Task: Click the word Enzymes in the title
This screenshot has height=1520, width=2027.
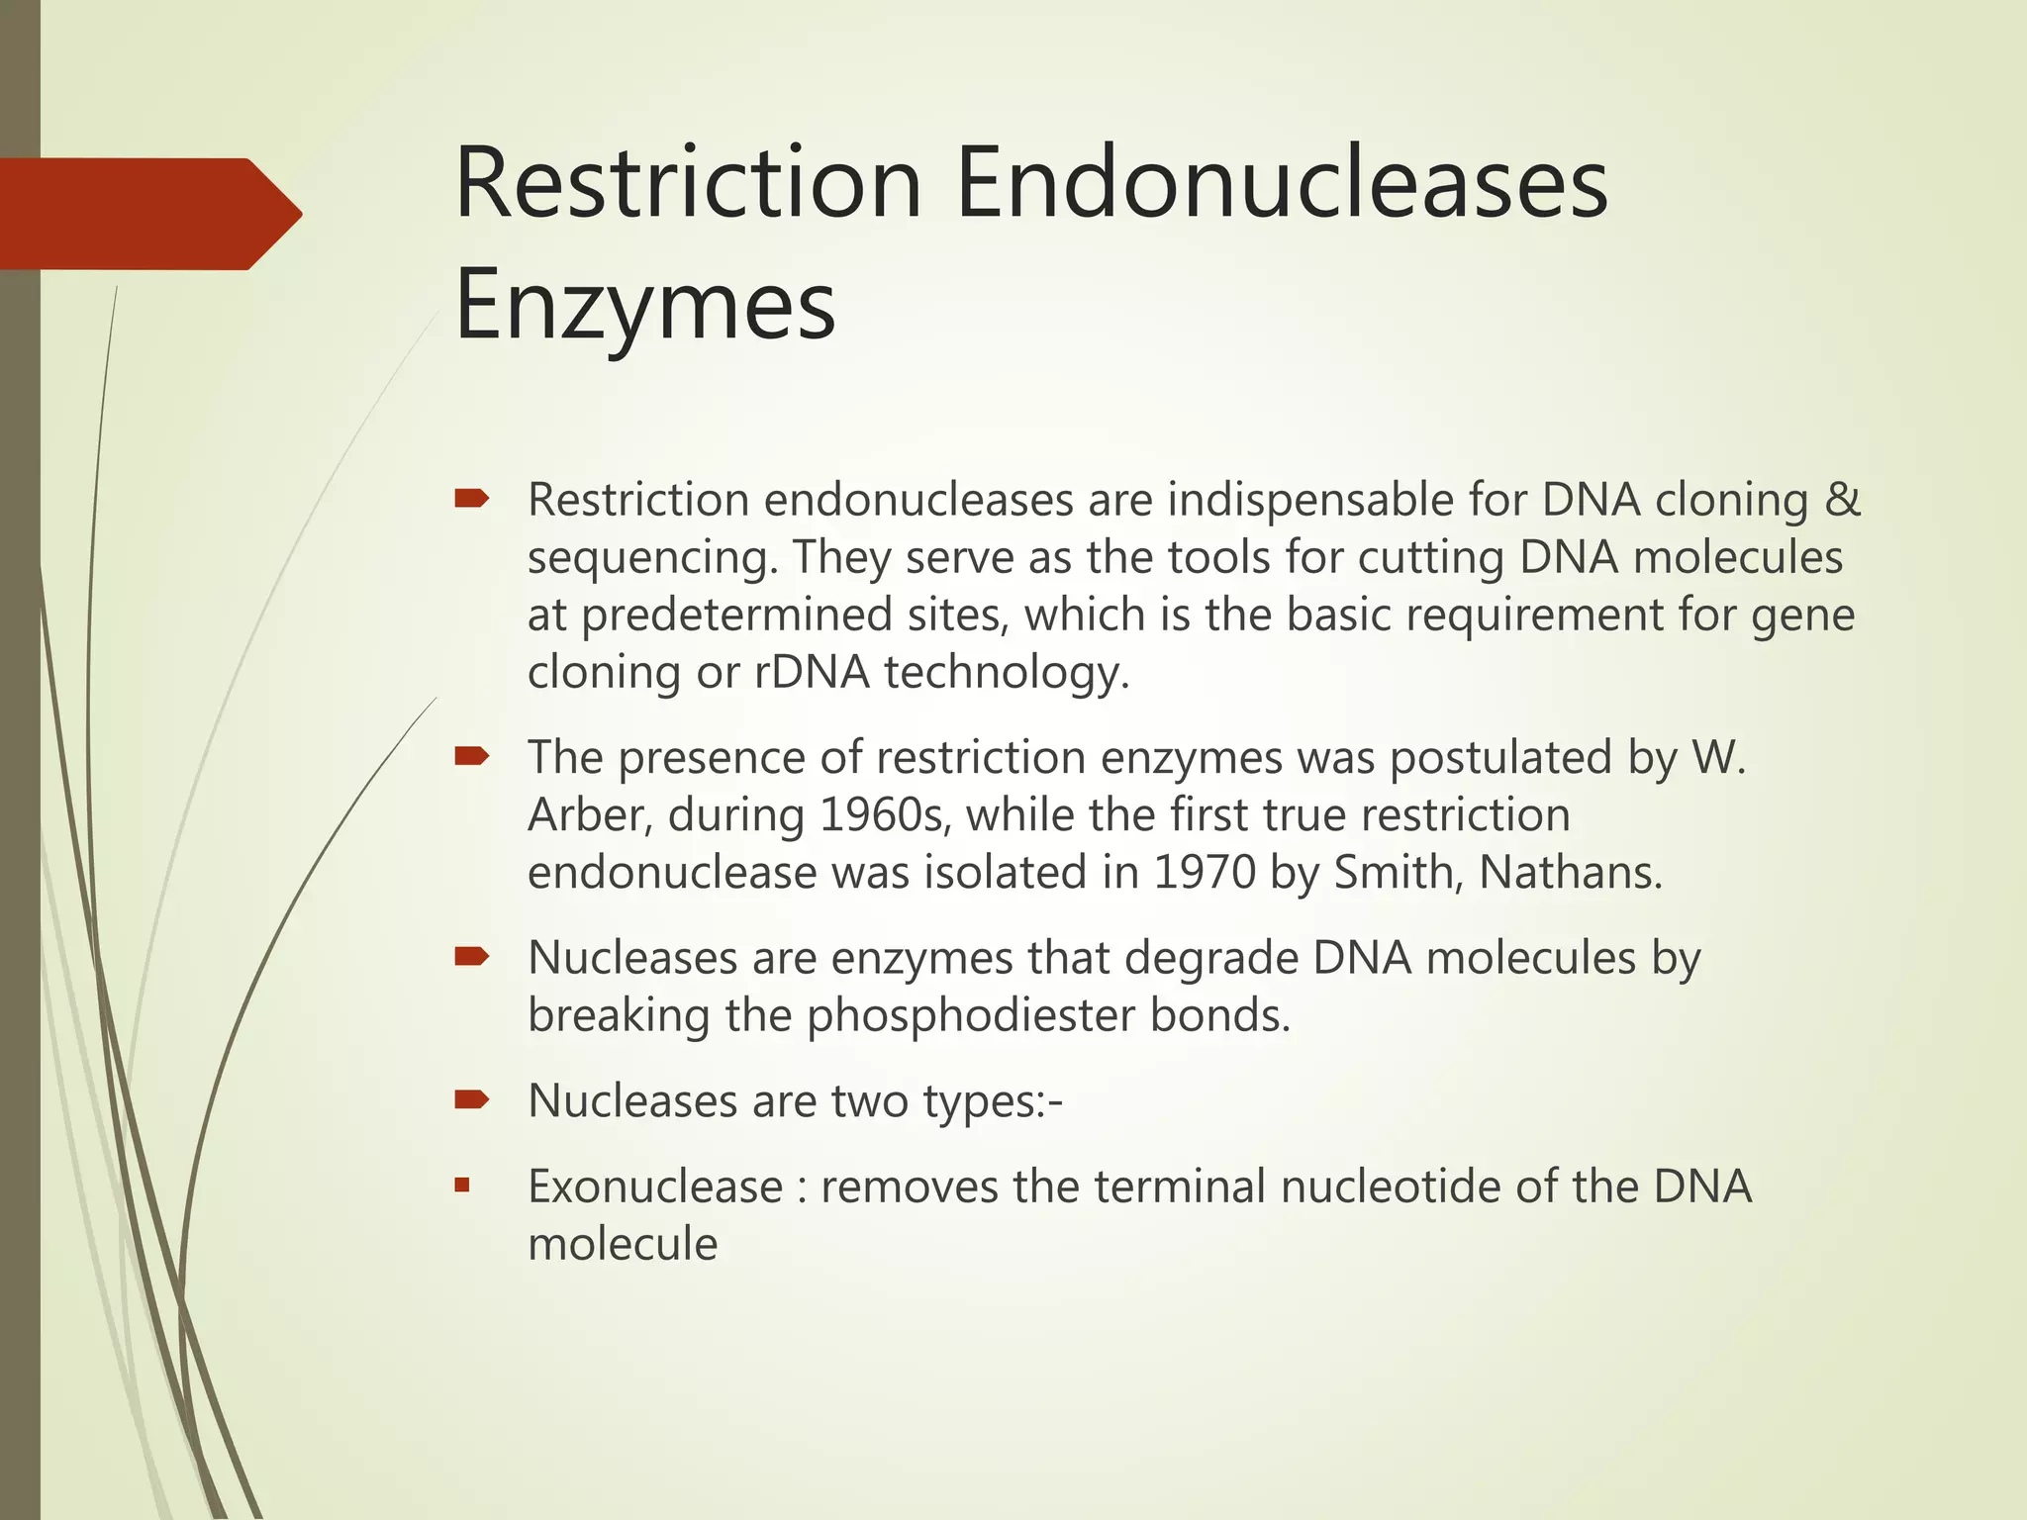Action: (644, 307)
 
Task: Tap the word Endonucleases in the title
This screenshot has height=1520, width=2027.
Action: (1282, 184)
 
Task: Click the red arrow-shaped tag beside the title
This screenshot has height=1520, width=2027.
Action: (148, 214)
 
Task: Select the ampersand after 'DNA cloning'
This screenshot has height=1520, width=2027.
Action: (1842, 499)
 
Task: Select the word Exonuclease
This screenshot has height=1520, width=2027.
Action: (655, 1187)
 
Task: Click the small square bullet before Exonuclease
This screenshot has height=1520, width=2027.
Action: (462, 1185)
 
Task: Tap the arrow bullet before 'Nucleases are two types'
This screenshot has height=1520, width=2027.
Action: (471, 1099)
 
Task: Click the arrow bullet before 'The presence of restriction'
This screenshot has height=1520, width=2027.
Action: (471, 757)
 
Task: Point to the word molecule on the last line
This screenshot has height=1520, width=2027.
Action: (623, 1244)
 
